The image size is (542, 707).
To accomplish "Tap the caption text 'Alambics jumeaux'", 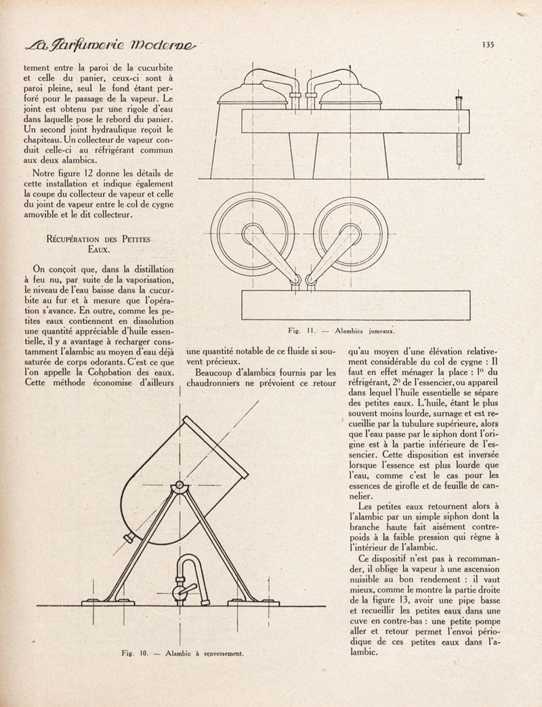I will (365, 331).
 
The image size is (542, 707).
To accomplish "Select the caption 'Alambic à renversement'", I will (205, 654).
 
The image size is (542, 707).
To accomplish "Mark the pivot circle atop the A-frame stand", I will (178, 487).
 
